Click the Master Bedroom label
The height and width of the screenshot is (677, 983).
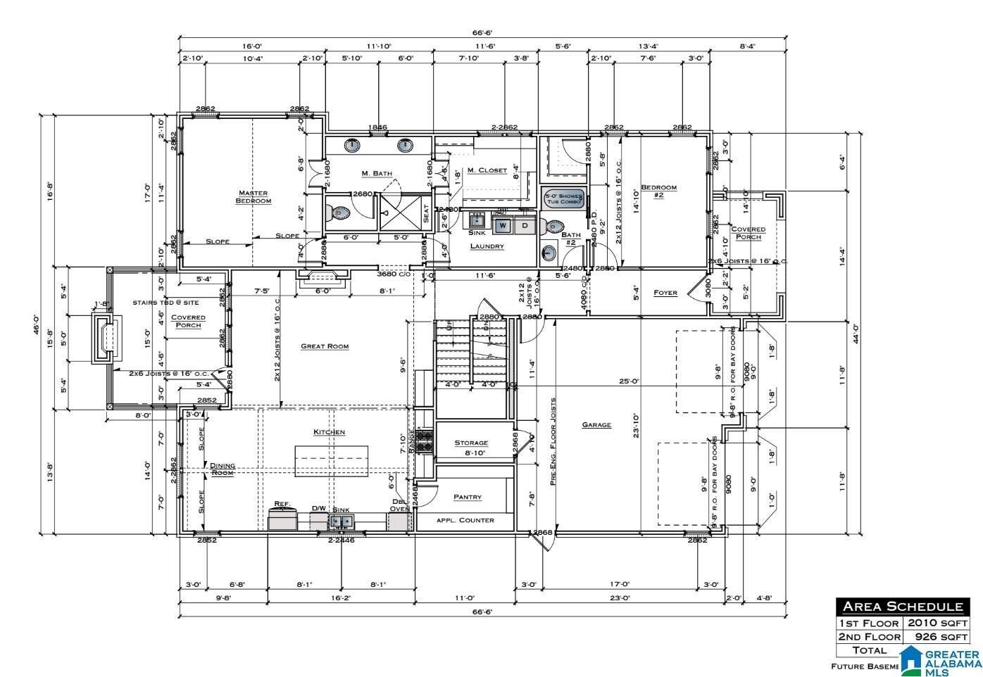pyautogui.click(x=253, y=197)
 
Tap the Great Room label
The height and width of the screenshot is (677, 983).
pyautogui.click(x=325, y=346)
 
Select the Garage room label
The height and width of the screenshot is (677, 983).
pyautogui.click(x=596, y=425)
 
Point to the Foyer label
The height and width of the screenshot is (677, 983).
pyautogui.click(x=665, y=293)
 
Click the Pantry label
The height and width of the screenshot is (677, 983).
pyautogui.click(x=468, y=497)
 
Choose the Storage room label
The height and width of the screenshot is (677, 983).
pyautogui.click(x=471, y=443)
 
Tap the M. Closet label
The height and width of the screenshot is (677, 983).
pyautogui.click(x=487, y=170)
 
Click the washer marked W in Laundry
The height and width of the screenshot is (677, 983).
pyautogui.click(x=503, y=226)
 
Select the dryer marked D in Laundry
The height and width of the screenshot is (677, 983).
pyautogui.click(x=525, y=226)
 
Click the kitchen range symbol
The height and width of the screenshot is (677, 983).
pyautogui.click(x=425, y=441)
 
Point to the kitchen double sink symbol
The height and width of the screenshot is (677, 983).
pyautogui.click(x=342, y=521)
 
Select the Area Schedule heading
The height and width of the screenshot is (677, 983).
pyautogui.click(x=902, y=607)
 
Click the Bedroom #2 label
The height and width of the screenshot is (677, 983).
pyautogui.click(x=658, y=191)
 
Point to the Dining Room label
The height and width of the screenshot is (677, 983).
pyautogui.click(x=223, y=469)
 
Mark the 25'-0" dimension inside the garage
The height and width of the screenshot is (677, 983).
pyautogui.click(x=629, y=381)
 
